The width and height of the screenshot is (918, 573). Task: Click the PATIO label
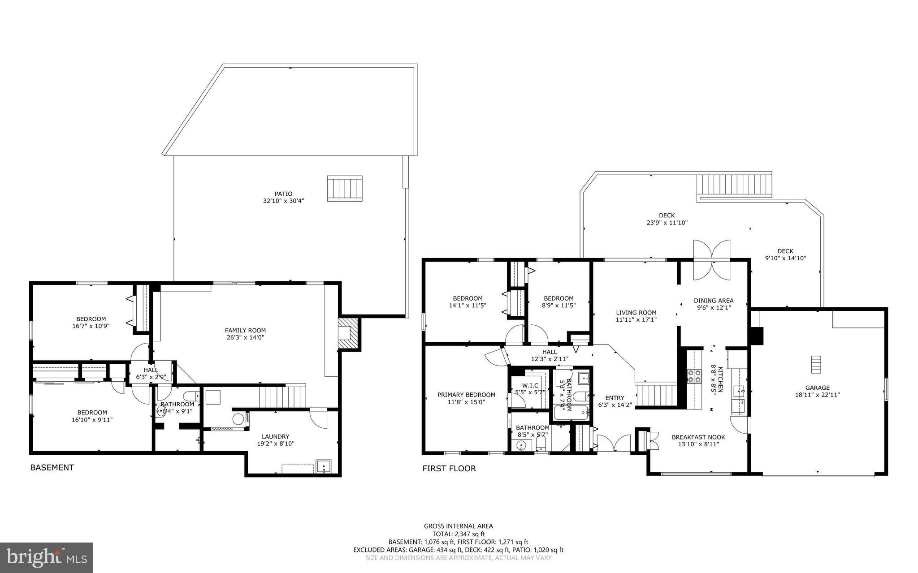[x=283, y=194]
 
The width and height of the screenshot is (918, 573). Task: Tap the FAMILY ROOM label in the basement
[x=245, y=331]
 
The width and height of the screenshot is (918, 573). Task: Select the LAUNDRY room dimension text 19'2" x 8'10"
[x=276, y=444]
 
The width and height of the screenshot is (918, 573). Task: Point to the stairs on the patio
[x=344, y=188]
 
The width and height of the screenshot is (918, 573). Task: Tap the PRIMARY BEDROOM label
[x=466, y=395]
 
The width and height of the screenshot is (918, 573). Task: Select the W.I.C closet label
[x=530, y=385]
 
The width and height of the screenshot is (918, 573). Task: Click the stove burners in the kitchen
[x=694, y=375]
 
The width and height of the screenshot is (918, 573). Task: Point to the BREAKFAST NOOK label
[x=698, y=437]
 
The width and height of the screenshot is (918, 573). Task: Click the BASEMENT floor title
[x=52, y=468]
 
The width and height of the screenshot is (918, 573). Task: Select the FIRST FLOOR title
[x=449, y=469]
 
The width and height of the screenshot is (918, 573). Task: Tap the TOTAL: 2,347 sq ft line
[x=458, y=534]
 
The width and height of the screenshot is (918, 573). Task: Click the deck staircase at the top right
[x=734, y=184]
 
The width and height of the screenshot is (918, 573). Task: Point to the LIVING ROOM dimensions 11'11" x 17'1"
[x=636, y=320]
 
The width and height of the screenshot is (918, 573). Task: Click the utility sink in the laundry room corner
[x=323, y=466]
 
